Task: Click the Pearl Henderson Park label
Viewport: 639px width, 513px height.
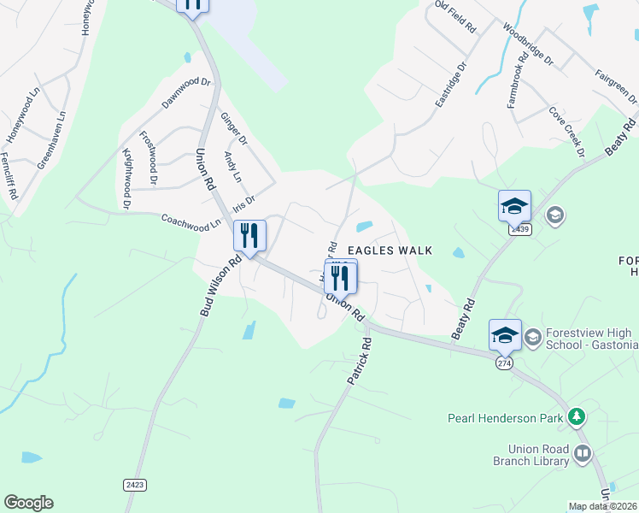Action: point(505,418)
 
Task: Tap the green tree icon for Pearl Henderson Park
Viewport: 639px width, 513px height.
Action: point(578,417)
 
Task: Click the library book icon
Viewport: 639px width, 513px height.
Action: point(583,453)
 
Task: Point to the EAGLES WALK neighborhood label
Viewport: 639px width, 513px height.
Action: point(389,251)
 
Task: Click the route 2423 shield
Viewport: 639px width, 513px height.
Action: point(134,485)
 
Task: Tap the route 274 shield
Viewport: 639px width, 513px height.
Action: point(504,363)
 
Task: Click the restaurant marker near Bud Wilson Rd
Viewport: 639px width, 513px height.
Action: point(249,236)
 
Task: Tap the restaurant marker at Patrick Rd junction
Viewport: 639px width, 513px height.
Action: point(342,276)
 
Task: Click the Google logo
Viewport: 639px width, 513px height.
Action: point(28,503)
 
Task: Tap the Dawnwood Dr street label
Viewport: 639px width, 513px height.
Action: point(186,93)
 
